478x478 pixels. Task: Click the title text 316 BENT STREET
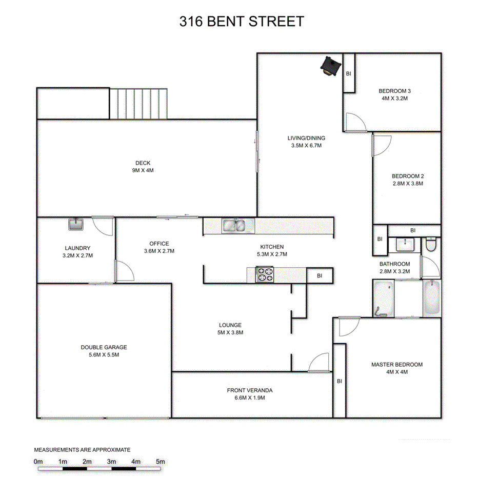pos(241,22)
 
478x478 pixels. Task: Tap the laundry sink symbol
pos(76,225)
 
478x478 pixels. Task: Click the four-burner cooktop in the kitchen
pos(265,275)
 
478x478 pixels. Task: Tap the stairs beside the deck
pos(140,103)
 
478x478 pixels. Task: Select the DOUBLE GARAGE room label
pos(104,347)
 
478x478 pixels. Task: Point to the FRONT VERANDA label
pos(250,390)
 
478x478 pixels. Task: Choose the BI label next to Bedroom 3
pos(349,74)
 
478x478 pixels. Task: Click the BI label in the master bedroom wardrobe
pos(340,381)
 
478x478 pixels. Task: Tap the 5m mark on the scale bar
pos(161,462)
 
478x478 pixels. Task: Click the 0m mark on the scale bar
pos(38,462)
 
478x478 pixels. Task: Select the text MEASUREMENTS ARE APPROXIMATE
pos(82,449)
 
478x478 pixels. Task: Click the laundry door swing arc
pos(102,226)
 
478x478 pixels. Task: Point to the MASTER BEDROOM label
pos(397,365)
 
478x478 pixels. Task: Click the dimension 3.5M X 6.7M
pos(306,146)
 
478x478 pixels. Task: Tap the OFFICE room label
pos(159,244)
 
